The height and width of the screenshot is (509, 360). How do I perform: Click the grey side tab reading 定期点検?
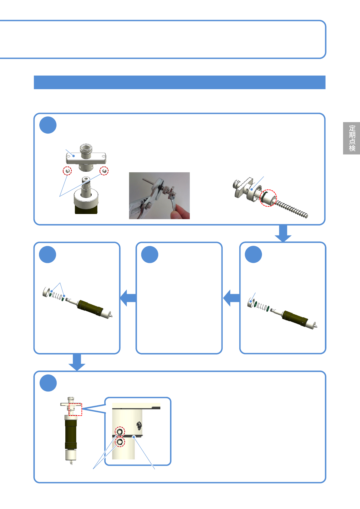[351, 138]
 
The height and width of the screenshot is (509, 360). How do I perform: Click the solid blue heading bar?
[180, 82]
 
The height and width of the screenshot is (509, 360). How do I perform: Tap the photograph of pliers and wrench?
[159, 196]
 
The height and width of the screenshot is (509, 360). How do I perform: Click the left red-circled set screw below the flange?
[67, 171]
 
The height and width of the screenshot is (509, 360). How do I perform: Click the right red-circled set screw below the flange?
[104, 171]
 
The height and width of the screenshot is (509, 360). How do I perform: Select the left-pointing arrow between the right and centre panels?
[231, 298]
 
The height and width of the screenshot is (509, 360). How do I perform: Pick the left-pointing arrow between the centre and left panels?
[128, 298]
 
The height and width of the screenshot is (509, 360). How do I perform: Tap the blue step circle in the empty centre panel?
[150, 254]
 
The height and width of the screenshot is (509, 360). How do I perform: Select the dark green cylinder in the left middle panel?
[90, 308]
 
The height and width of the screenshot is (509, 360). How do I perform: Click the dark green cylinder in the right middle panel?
[295, 318]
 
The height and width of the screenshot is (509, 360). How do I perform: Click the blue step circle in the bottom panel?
[48, 383]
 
